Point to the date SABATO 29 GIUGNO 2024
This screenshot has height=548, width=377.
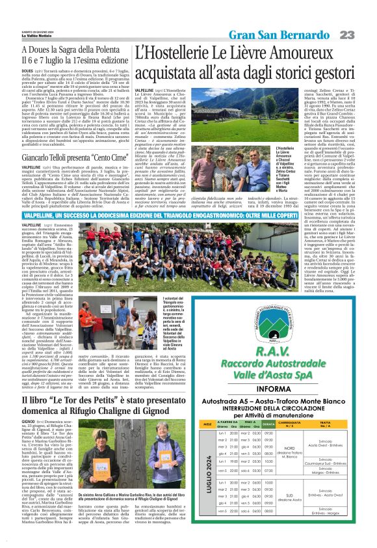(39, 8)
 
